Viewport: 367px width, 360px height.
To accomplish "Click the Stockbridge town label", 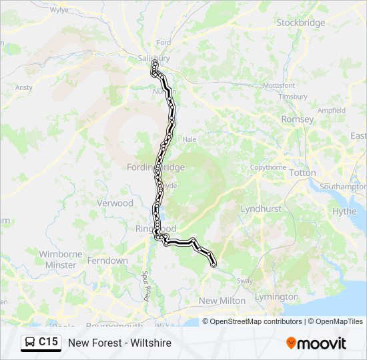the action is tap(301, 23).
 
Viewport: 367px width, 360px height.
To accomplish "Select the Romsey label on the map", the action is tap(298, 119).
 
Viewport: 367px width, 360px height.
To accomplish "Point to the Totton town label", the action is tap(303, 173).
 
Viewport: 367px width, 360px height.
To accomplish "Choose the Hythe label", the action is tap(344, 211).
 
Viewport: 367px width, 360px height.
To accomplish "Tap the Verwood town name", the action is tap(115, 203).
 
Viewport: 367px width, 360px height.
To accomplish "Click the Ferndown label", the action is tap(107, 261).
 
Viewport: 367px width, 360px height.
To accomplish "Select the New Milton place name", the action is tap(222, 301).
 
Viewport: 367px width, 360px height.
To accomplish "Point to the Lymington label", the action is tap(276, 297).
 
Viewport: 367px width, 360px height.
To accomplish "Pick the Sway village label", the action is tap(245, 281).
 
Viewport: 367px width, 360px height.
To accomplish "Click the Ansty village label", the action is tap(23, 87).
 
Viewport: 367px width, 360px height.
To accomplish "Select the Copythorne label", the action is tap(268, 167).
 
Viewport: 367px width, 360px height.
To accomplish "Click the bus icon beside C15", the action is tap(31, 343).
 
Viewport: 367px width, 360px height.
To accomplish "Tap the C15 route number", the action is tap(49, 343).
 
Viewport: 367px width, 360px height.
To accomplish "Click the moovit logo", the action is tap(316, 343).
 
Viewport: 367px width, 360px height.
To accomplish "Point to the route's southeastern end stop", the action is tap(214, 265).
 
